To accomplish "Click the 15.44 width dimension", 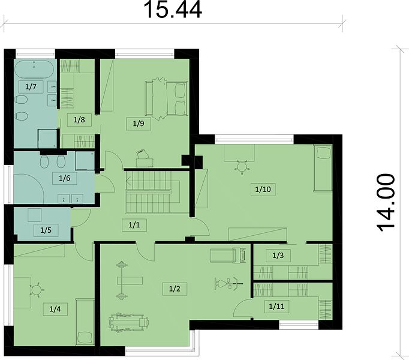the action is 173,10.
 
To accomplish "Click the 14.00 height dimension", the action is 386,203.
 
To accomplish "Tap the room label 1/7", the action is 31,86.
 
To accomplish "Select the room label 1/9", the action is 139,124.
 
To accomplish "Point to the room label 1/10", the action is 263,189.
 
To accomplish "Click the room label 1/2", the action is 175,289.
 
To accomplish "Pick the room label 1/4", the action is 55,309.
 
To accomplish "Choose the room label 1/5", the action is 46,230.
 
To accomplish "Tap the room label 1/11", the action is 276,306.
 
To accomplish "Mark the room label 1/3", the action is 278,256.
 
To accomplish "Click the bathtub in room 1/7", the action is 34,69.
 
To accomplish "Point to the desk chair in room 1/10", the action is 242,166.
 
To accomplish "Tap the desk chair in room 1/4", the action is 37,290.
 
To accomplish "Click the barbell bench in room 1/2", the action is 122,281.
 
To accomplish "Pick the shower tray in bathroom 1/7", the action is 47,138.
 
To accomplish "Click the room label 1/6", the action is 64,178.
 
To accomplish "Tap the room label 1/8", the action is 79,120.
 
